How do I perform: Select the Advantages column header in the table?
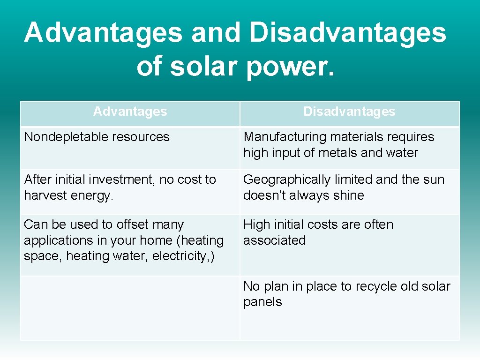click(x=130, y=112)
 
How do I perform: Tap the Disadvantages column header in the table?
click(x=349, y=112)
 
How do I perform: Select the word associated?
click(x=274, y=240)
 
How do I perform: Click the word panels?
click(x=262, y=302)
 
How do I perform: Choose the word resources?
click(x=144, y=137)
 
